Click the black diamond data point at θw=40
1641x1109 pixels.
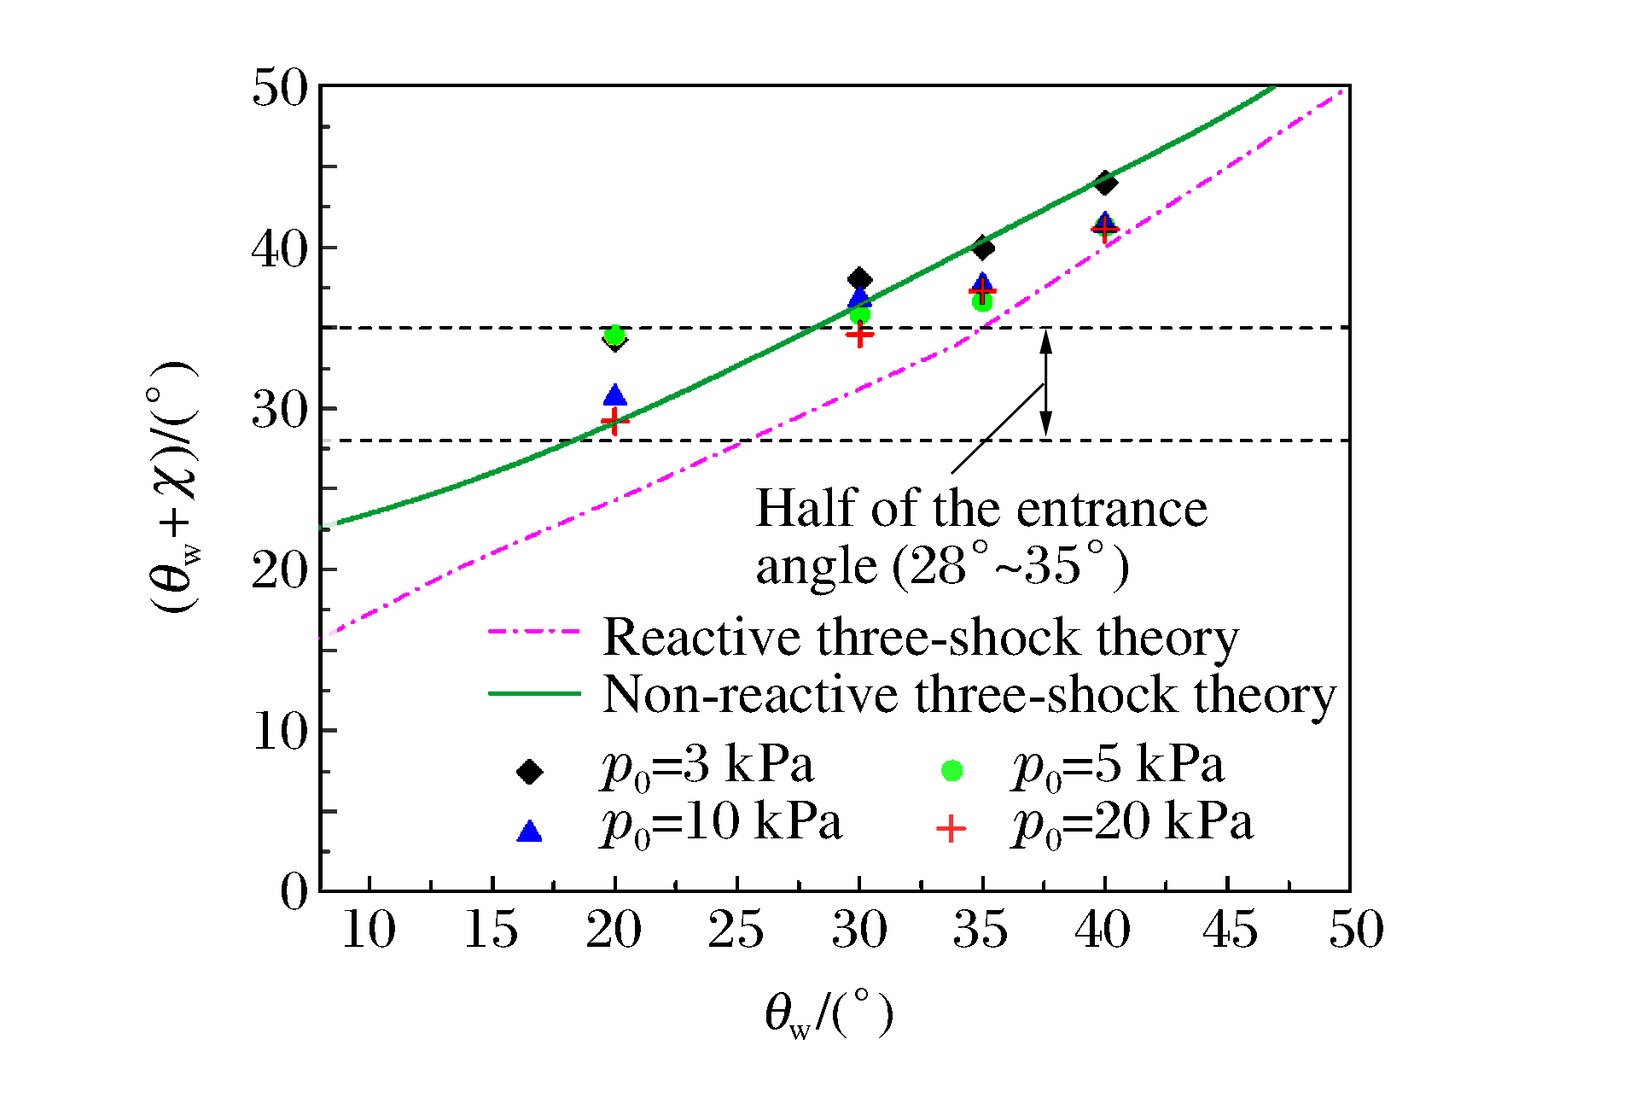(x=1105, y=182)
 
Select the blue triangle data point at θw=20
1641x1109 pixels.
(x=614, y=395)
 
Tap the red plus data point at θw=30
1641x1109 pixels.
(x=859, y=335)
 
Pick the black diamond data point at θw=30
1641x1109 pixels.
(x=859, y=279)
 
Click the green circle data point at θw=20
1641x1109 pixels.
(x=614, y=335)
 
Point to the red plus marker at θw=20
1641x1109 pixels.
(x=614, y=421)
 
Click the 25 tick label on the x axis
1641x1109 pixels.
(x=736, y=930)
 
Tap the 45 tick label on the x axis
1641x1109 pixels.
(x=1229, y=930)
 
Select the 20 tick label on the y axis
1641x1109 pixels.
(x=279, y=569)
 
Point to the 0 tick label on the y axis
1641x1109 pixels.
(x=294, y=891)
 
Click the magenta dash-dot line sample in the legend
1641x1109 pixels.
(x=534, y=633)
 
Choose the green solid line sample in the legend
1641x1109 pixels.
(x=534, y=693)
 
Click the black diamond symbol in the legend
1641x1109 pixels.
(x=530, y=772)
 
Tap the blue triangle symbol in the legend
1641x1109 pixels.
(x=530, y=832)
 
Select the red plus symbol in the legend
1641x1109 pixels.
(x=951, y=829)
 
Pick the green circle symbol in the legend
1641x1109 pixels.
(x=951, y=771)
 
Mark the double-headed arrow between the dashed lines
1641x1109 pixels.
(x=1045, y=382)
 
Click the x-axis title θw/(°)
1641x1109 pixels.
(x=828, y=1013)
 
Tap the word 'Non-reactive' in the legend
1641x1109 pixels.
(x=750, y=695)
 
